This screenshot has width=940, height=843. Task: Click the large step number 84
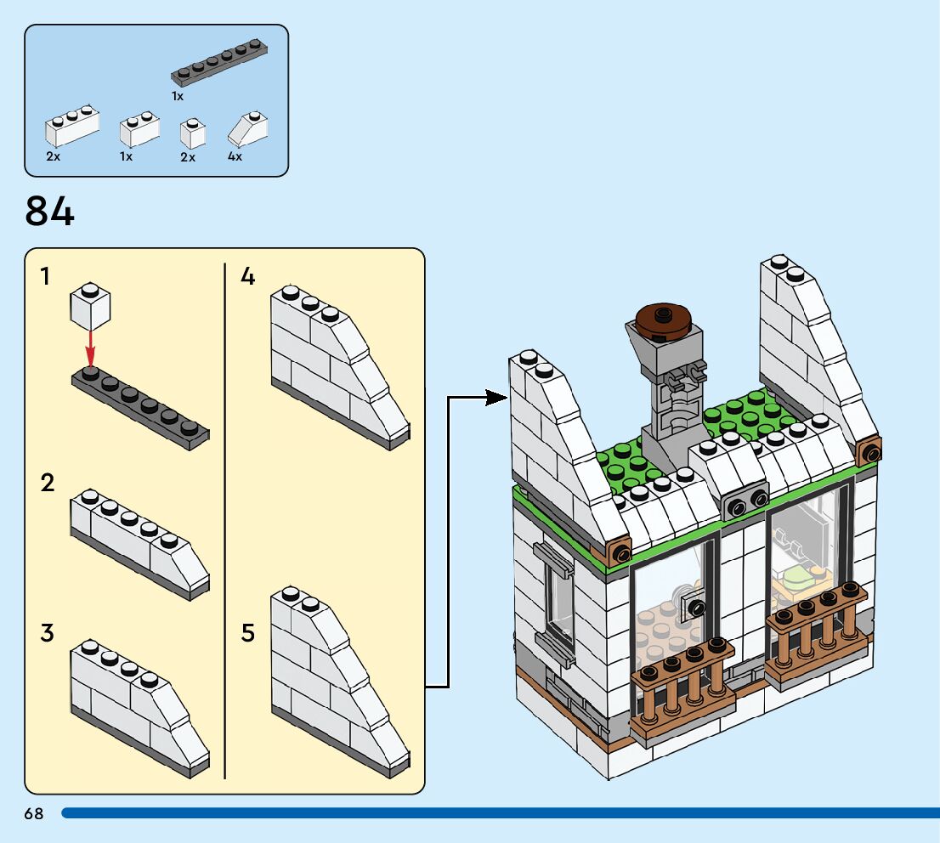point(50,212)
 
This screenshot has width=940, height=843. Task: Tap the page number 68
point(34,813)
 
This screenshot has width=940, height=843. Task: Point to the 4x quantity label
point(235,156)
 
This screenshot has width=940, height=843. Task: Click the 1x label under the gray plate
point(178,96)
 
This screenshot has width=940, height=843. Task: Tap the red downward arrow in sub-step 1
point(90,350)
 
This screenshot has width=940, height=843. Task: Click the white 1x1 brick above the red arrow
point(91,306)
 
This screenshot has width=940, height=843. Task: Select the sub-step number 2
point(48,483)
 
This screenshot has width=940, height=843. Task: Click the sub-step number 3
point(48,633)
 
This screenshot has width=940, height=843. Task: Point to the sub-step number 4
point(247,276)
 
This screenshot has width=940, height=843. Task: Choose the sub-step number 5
point(247,633)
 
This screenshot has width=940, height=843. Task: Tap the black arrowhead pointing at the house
point(496,397)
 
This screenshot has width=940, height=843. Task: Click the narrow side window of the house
point(558,601)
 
